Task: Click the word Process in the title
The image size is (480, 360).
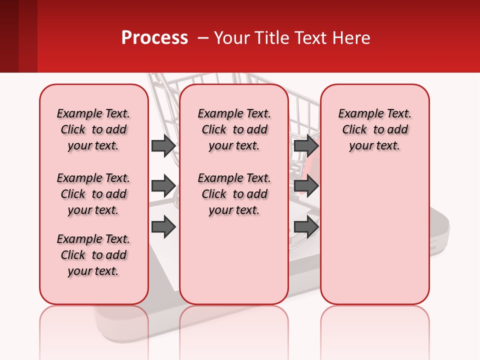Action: click(x=154, y=38)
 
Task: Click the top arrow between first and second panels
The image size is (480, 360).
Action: click(x=163, y=145)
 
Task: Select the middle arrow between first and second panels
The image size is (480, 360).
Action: click(x=163, y=186)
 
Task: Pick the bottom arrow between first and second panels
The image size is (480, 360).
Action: click(x=163, y=226)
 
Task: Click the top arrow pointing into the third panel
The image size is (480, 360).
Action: click(x=306, y=145)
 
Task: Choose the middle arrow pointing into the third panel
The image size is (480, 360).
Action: click(x=306, y=186)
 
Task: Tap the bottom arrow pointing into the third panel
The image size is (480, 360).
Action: click(x=306, y=226)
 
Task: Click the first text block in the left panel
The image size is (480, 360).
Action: click(x=93, y=129)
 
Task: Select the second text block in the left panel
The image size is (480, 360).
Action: click(x=93, y=194)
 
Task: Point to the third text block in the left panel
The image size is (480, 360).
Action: click(x=93, y=255)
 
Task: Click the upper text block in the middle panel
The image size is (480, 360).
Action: click(x=234, y=129)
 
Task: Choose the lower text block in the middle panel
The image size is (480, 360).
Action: click(x=234, y=194)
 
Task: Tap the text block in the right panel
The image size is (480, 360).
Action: click(x=374, y=129)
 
